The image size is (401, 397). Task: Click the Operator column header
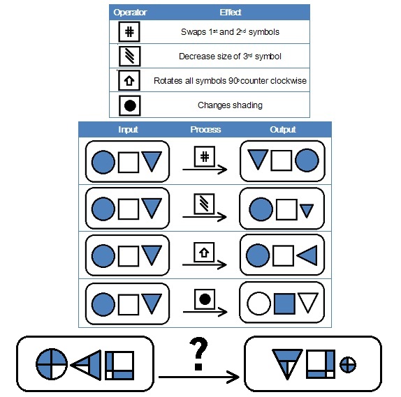point(130,13)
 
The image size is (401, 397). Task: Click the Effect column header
point(230,13)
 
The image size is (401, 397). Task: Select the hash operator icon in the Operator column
point(129,32)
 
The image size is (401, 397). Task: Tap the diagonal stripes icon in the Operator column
point(130,57)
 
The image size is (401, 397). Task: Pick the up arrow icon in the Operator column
point(129,80)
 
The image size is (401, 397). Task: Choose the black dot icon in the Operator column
point(130,105)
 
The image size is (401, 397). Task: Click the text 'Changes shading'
point(230,105)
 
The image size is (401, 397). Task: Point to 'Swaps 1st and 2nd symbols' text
point(230,32)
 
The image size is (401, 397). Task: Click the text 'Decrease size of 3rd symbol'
point(230,57)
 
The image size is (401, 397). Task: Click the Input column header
point(128,130)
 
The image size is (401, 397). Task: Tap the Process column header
point(205,130)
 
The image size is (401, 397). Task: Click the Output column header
point(283,130)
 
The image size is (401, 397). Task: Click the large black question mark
point(198,354)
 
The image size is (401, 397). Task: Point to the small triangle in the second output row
point(307,211)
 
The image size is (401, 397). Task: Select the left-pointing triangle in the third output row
point(307,255)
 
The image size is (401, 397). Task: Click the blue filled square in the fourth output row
point(284,304)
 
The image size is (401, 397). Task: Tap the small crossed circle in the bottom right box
point(347,364)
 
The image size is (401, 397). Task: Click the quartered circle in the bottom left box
point(52,364)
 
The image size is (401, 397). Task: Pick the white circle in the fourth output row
point(258,304)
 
